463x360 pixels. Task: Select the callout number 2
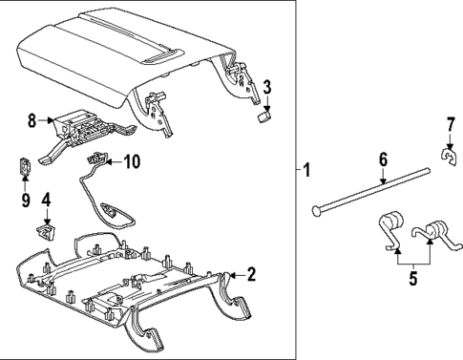pos(251,275)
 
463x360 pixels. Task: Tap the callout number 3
pos(267,88)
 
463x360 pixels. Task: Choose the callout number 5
pos(412,281)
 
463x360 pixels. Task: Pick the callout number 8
pos(32,121)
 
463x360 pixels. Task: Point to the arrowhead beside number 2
pos(231,277)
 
